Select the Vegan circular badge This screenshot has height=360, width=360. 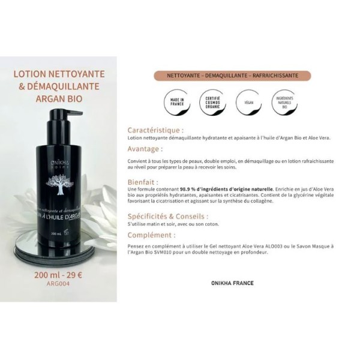248,100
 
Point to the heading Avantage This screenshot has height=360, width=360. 145,148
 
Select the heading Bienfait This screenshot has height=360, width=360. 143,181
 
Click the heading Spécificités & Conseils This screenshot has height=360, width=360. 168,215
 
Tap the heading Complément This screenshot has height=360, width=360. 151,235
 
